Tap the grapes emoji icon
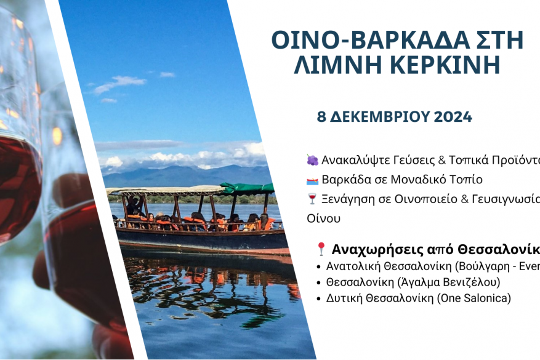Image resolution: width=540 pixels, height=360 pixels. pyautogui.click(x=312, y=160)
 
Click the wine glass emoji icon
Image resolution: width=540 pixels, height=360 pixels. pyautogui.click(x=312, y=199)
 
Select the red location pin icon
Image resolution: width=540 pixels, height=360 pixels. pyautogui.click(x=321, y=249)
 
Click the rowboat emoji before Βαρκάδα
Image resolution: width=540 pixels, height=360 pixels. pyautogui.click(x=312, y=180)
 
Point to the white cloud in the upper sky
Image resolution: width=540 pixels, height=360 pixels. pyautogui.click(x=120, y=83)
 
